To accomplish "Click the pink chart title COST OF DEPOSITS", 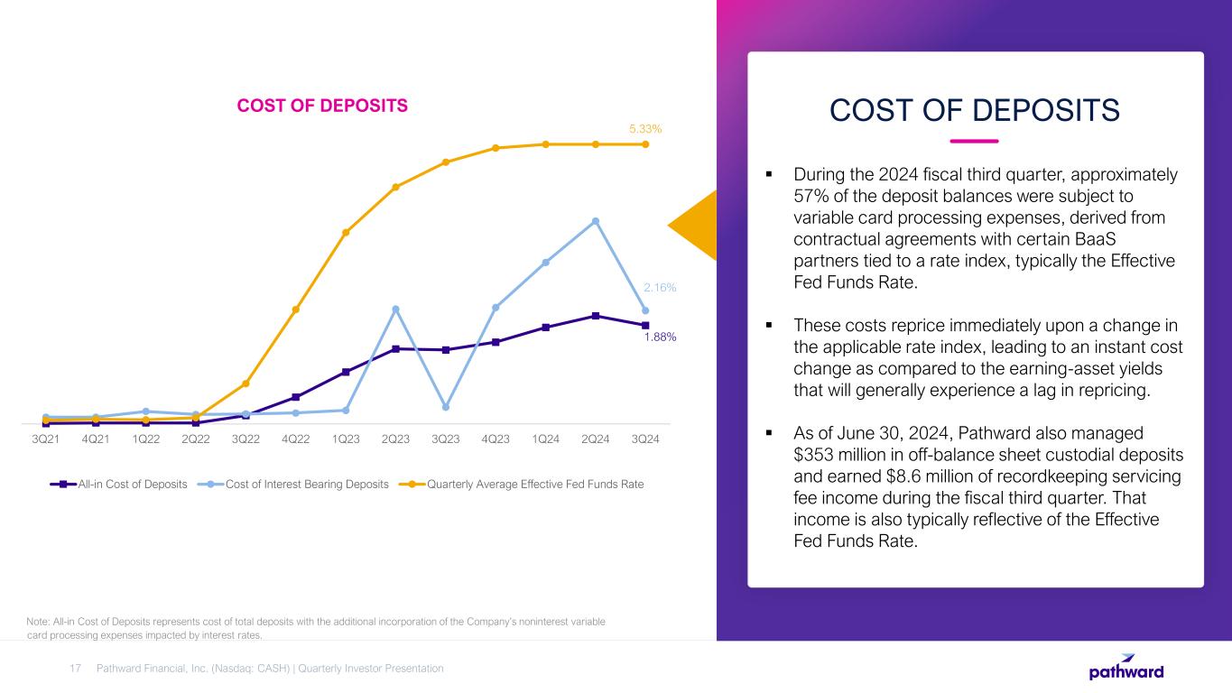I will [322, 106].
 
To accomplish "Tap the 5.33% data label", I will [645, 129].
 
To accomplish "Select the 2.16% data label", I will [659, 288].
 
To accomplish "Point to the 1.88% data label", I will [660, 337].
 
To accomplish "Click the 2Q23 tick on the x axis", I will [395, 439].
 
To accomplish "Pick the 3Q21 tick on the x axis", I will [46, 439].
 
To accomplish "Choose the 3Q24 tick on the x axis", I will [644, 439].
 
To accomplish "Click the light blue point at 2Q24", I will [596, 221].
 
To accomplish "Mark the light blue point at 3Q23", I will [446, 407].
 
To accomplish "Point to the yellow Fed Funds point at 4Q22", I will [296, 310].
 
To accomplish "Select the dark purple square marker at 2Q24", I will [596, 316].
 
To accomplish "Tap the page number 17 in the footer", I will [75, 669].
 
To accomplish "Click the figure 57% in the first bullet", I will [809, 196].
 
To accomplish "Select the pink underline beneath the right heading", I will [975, 141].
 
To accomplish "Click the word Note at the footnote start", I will [40, 622].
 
